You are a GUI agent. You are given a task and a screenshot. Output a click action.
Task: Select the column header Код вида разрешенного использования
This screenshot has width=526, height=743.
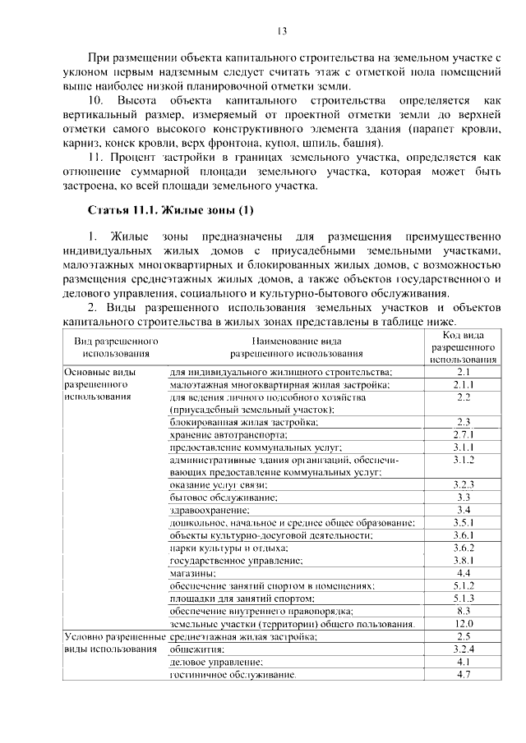[463, 346]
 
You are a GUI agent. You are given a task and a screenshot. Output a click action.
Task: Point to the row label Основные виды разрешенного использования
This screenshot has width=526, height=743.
[97, 384]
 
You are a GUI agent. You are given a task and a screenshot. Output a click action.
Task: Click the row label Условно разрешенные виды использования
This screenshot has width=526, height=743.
[109, 642]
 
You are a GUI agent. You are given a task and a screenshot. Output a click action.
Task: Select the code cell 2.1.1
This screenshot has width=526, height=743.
[463, 384]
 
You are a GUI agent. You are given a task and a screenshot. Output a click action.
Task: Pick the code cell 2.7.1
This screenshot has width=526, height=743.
[463, 434]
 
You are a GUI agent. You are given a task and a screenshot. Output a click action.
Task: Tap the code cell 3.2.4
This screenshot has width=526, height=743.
[463, 649]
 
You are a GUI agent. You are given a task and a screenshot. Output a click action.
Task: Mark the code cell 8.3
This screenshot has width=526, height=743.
[463, 611]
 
